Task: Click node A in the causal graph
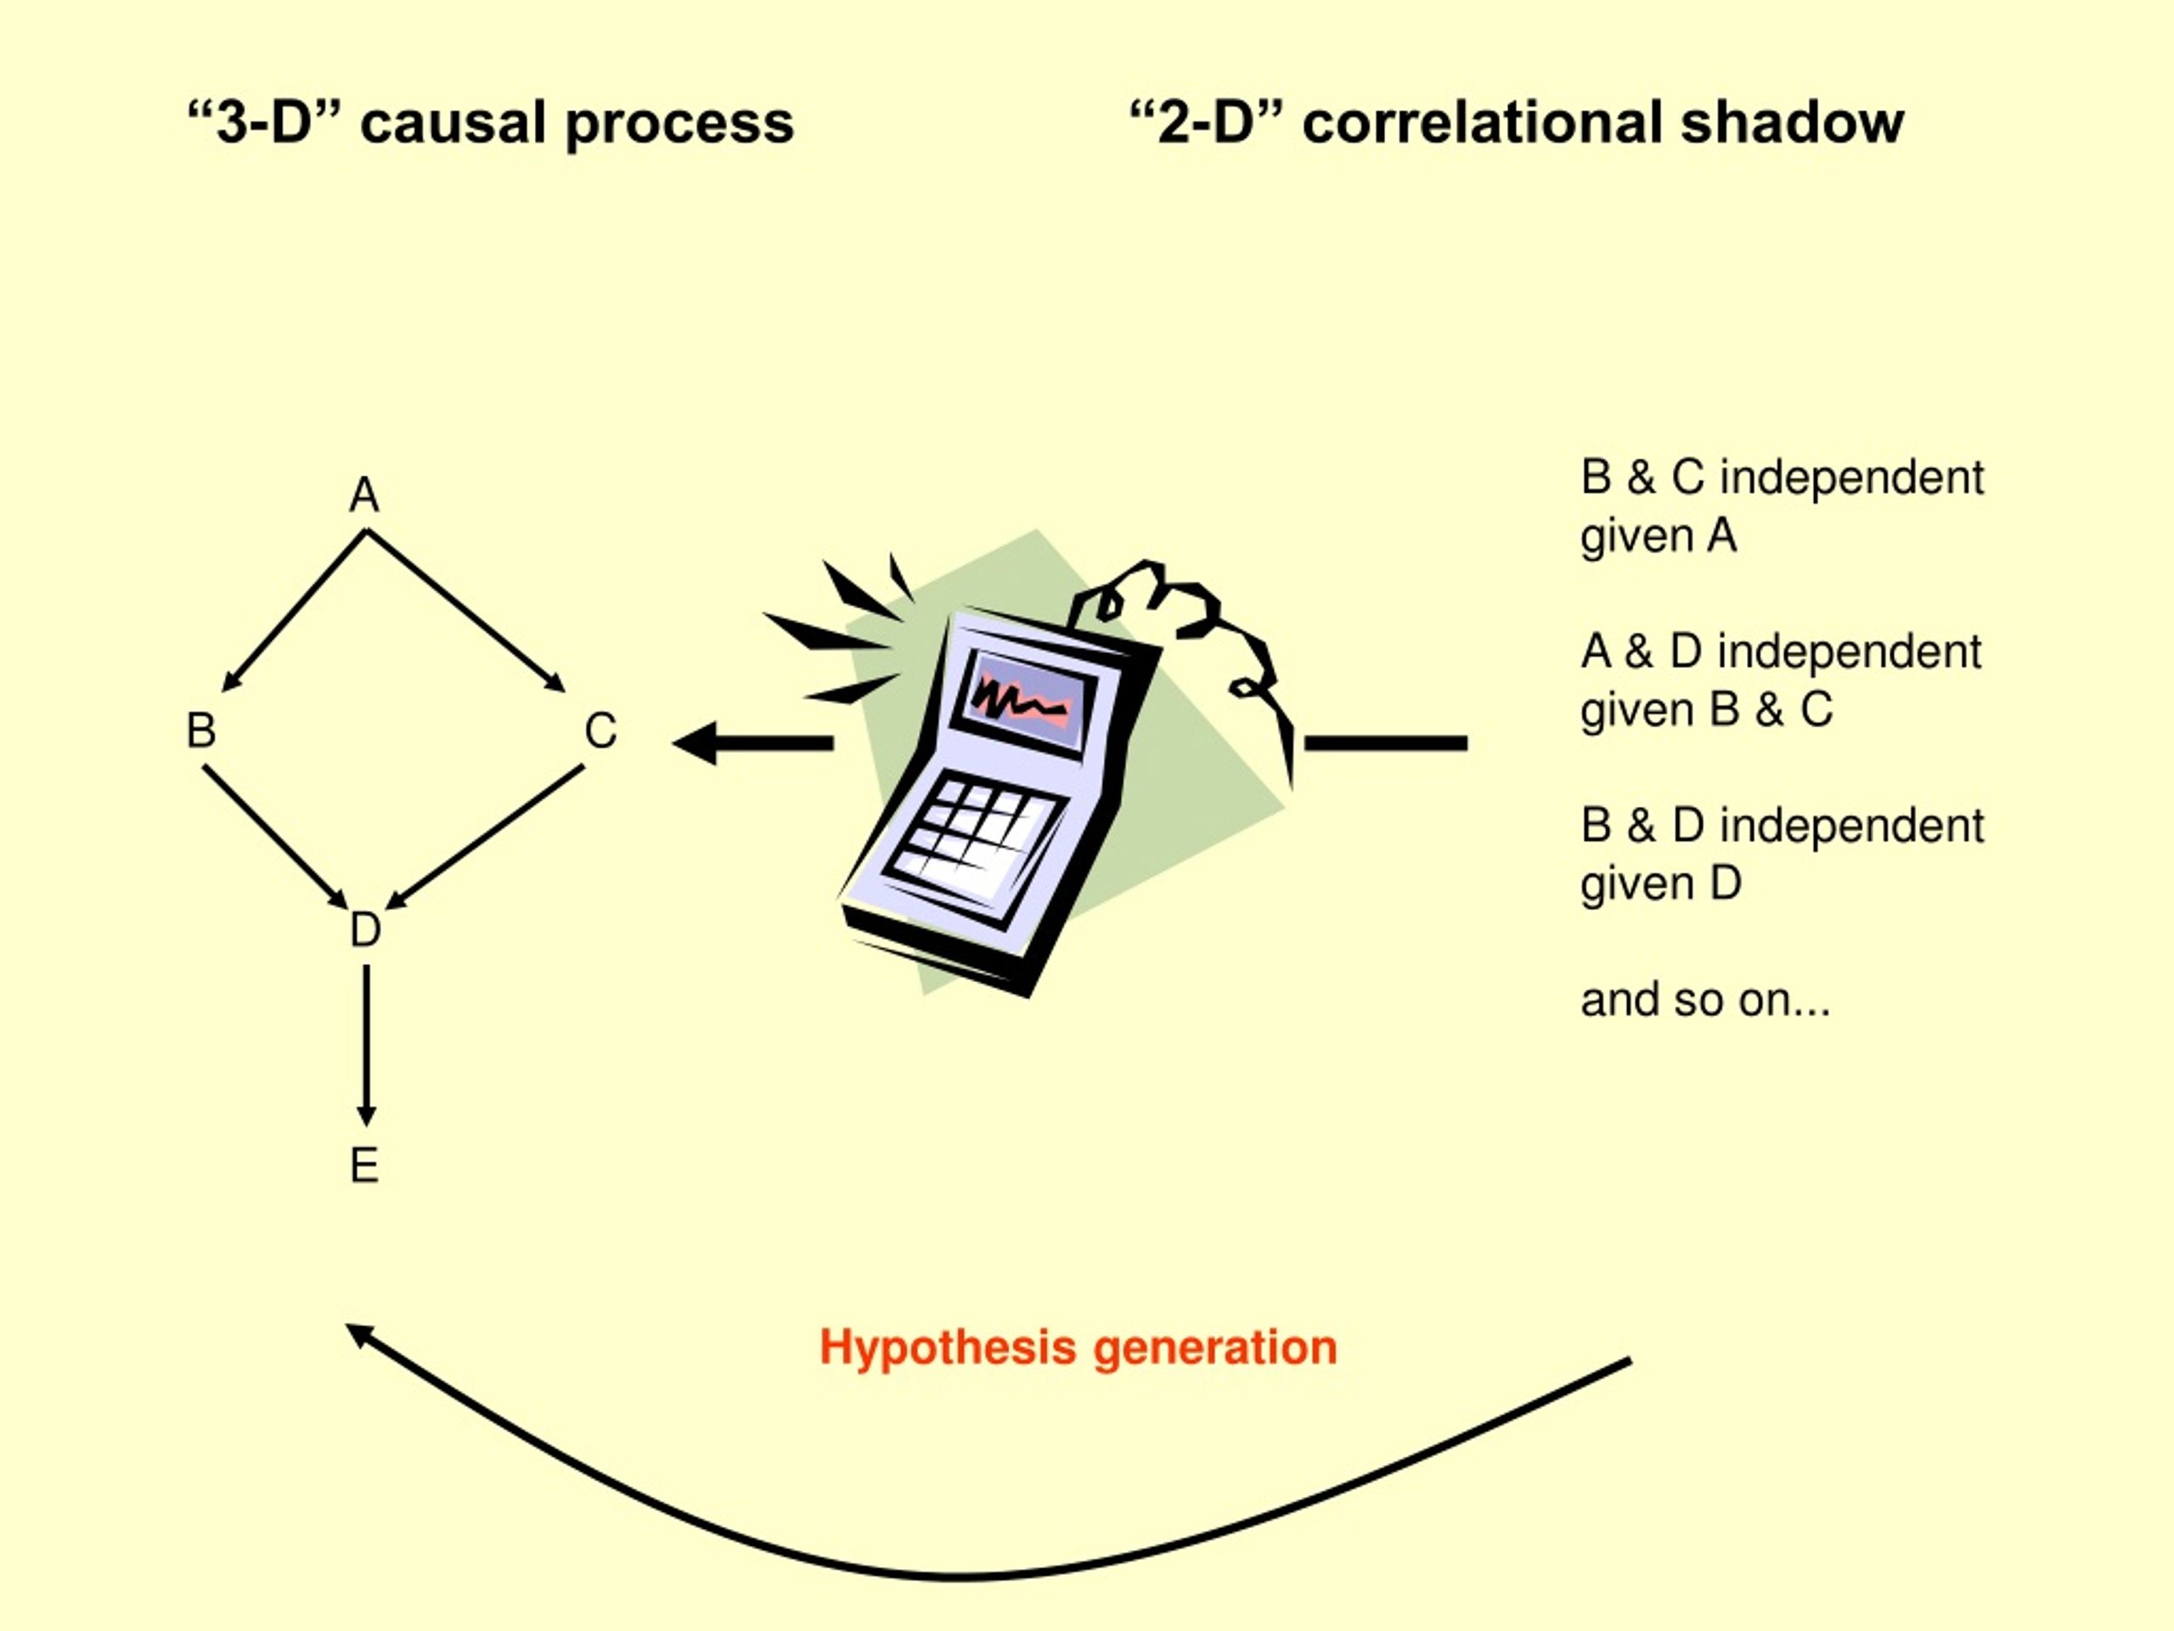[x=363, y=494]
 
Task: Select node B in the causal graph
[x=200, y=731]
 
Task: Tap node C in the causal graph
[x=600, y=731]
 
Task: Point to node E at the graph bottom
[x=363, y=1166]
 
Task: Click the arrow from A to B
[x=294, y=611]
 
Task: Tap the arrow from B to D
[x=275, y=838]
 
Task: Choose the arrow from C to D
[x=485, y=838]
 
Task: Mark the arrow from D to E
[x=366, y=1045]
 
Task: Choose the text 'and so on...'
[x=1705, y=1000]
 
